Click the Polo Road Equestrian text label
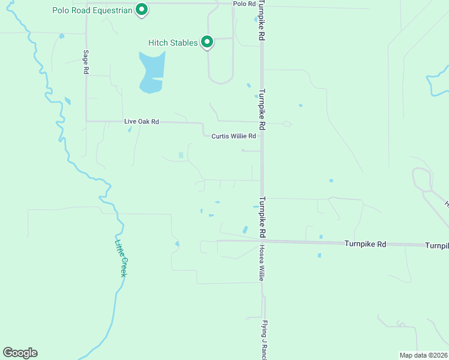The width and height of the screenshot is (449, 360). tap(91, 11)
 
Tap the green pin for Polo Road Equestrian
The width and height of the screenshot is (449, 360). tap(142, 10)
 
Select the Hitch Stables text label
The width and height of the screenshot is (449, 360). tap(173, 43)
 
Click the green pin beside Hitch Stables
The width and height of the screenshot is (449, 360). tap(207, 42)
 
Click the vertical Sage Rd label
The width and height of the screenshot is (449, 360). tap(86, 62)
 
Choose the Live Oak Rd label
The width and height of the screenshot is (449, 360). tap(142, 121)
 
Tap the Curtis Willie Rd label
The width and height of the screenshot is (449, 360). tap(234, 136)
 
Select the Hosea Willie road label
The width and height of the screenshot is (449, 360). tap(262, 263)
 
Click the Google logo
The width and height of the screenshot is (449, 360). tap(20, 353)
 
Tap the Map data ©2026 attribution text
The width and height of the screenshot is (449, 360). tap(423, 355)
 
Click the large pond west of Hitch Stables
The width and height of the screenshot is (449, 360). tap(151, 72)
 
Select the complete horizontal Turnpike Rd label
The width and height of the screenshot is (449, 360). tap(365, 244)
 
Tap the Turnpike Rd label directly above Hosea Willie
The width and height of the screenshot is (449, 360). tap(262, 217)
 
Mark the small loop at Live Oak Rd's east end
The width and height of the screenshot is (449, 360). tap(286, 124)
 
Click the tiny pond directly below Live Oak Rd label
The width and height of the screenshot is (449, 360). tap(130, 129)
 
